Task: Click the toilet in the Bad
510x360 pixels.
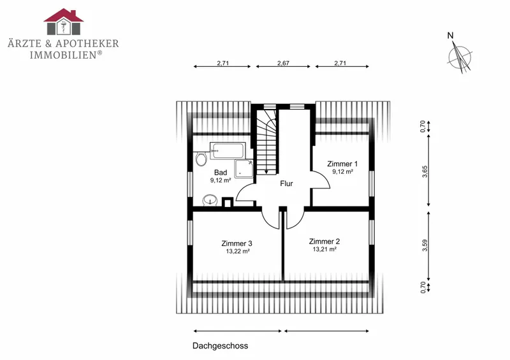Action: click(201, 159)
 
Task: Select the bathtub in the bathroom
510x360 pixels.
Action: click(227, 150)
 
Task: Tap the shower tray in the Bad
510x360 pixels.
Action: click(244, 168)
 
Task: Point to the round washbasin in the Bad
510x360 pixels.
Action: click(210, 200)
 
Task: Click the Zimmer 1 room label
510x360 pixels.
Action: click(342, 164)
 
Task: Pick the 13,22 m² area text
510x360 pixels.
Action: click(238, 252)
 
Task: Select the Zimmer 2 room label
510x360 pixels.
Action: click(324, 241)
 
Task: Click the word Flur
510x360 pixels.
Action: click(286, 184)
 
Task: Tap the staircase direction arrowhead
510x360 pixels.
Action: click(266, 172)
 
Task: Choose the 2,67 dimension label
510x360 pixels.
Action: click(283, 63)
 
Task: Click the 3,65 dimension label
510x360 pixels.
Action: click(425, 171)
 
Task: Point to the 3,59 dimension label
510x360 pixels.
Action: click(425, 245)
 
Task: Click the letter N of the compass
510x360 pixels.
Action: click(451, 35)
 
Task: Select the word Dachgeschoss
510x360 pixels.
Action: click(220, 346)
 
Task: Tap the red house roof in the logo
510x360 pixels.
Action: click(64, 15)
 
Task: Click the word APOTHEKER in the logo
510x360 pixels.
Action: click(87, 43)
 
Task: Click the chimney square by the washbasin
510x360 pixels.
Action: click(228, 202)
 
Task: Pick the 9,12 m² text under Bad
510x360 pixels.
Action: click(221, 180)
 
